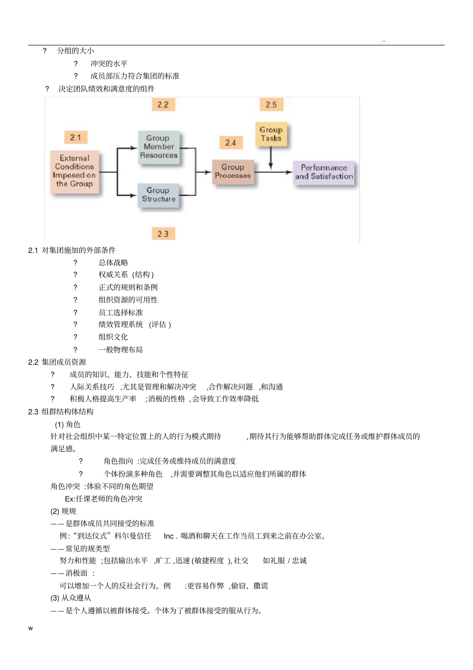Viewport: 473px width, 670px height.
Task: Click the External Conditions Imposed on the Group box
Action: pyautogui.click(x=75, y=171)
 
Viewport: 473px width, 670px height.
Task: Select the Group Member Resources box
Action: pyautogui.click(x=159, y=146)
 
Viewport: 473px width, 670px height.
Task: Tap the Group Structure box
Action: pyautogui.click(x=159, y=194)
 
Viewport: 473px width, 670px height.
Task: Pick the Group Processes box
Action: pyautogui.click(x=233, y=171)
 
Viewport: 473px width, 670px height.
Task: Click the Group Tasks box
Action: pyautogui.click(x=271, y=134)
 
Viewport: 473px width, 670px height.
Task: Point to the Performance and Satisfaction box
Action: pyautogui.click(x=324, y=172)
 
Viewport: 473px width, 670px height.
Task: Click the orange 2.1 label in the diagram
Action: pyautogui.click(x=76, y=137)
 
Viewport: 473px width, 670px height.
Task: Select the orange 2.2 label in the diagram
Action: pyautogui.click(x=163, y=105)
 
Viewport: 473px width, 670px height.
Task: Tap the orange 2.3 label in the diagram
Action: pyautogui.click(x=163, y=234)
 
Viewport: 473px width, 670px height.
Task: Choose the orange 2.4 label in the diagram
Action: pyautogui.click(x=231, y=143)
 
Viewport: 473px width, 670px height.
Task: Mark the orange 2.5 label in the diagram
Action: pyautogui.click(x=271, y=105)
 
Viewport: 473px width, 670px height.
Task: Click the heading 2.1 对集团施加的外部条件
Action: pyautogui.click(x=72, y=250)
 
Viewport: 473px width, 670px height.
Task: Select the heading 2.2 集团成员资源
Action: pyautogui.click(x=57, y=362)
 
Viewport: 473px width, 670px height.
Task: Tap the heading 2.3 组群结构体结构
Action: pyautogui.click(x=61, y=412)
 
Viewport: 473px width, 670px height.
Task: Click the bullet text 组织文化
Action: pyautogui.click(x=113, y=337)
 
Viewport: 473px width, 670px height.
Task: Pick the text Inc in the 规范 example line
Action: pyautogui.click(x=169, y=536)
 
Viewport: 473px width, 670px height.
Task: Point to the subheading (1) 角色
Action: pyautogui.click(x=67, y=424)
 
